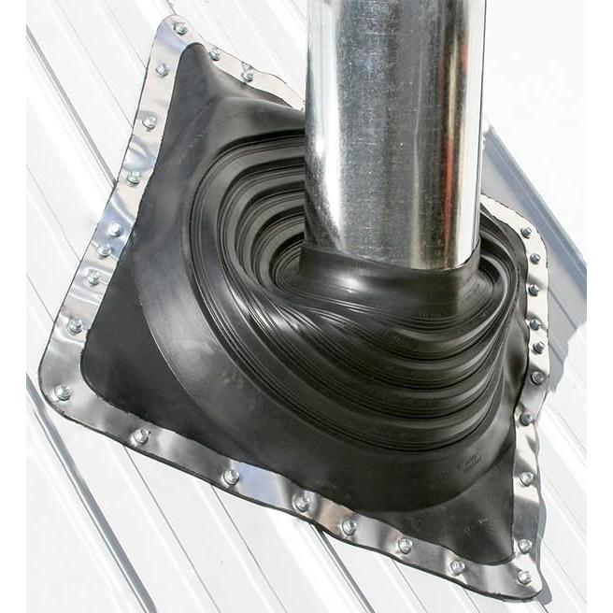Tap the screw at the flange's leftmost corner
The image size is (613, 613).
tap(62, 392)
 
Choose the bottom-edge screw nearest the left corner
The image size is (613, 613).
tap(141, 436)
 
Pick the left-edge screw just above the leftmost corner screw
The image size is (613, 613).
tap(75, 325)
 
